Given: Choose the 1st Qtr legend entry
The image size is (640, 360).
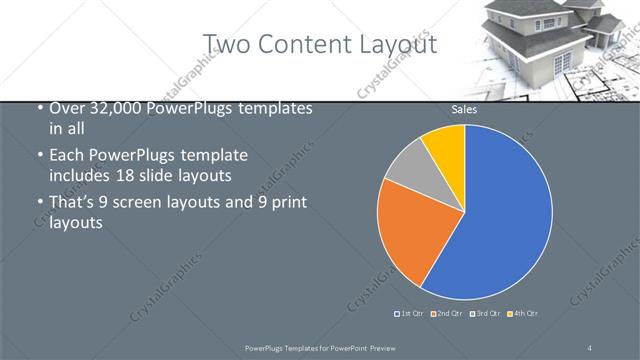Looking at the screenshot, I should [x=409, y=314].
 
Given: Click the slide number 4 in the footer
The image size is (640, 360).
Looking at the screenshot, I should [x=590, y=346].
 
